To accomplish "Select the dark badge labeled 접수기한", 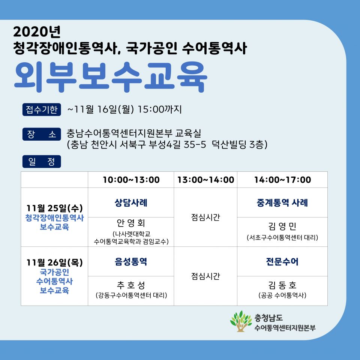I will tap(41, 109).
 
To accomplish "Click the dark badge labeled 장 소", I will tap(41, 134).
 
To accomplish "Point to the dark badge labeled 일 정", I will tap(41, 162).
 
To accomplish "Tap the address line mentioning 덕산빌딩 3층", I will tap(167, 145).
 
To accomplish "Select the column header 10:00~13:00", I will tap(131, 180).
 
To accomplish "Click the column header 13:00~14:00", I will tap(205, 180).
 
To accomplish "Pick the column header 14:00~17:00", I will tap(282, 180).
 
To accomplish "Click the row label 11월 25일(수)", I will tap(54, 208).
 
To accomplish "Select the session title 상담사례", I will tap(131, 203).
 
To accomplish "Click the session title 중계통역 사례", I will tap(282, 203).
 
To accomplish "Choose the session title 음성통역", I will tap(131, 262).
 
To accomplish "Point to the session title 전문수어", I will tap(282, 262).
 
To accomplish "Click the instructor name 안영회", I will tap(131, 223).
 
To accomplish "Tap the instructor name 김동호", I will tap(282, 285).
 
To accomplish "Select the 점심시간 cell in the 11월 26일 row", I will tap(205, 276).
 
